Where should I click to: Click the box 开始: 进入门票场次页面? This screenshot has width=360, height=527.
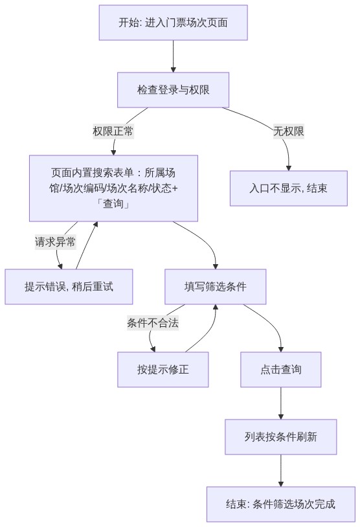(x=173, y=23)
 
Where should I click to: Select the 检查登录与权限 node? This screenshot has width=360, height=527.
(x=173, y=90)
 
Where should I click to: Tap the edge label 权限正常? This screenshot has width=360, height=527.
(x=113, y=131)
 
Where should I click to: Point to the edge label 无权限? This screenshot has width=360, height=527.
(x=288, y=131)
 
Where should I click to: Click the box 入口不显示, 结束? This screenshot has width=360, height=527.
(x=288, y=188)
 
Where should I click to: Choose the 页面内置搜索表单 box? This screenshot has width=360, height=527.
(x=113, y=188)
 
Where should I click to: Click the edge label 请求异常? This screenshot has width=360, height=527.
(x=55, y=242)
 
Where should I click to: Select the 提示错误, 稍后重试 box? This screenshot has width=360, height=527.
(x=69, y=287)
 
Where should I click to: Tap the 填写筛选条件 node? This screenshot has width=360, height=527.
(x=216, y=287)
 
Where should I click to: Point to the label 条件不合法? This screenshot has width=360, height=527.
(x=153, y=323)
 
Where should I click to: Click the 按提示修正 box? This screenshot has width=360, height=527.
(x=163, y=370)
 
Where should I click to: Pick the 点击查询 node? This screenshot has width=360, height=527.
(x=281, y=370)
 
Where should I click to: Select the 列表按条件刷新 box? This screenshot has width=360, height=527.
(x=281, y=436)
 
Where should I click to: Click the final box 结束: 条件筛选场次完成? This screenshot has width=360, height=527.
(x=281, y=504)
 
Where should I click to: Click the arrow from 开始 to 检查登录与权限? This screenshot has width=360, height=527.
(x=173, y=56)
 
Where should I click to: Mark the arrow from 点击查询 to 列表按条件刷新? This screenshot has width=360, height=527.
(x=281, y=403)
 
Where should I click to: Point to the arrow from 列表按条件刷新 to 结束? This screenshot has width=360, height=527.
(x=281, y=470)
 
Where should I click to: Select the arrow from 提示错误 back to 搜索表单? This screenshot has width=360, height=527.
(x=87, y=245)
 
